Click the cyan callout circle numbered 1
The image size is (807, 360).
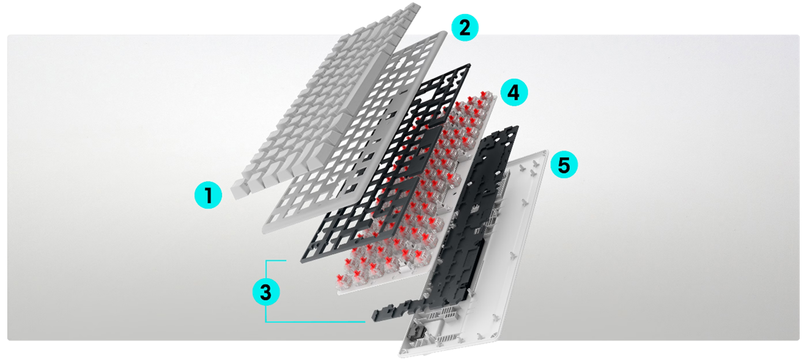pyautogui.click(x=208, y=196)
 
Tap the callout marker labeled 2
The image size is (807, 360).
pyautogui.click(x=465, y=29)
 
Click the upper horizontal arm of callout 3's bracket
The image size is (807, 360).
pyautogui.click(x=276, y=261)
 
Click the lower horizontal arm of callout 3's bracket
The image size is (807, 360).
pyautogui.click(x=315, y=321)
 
